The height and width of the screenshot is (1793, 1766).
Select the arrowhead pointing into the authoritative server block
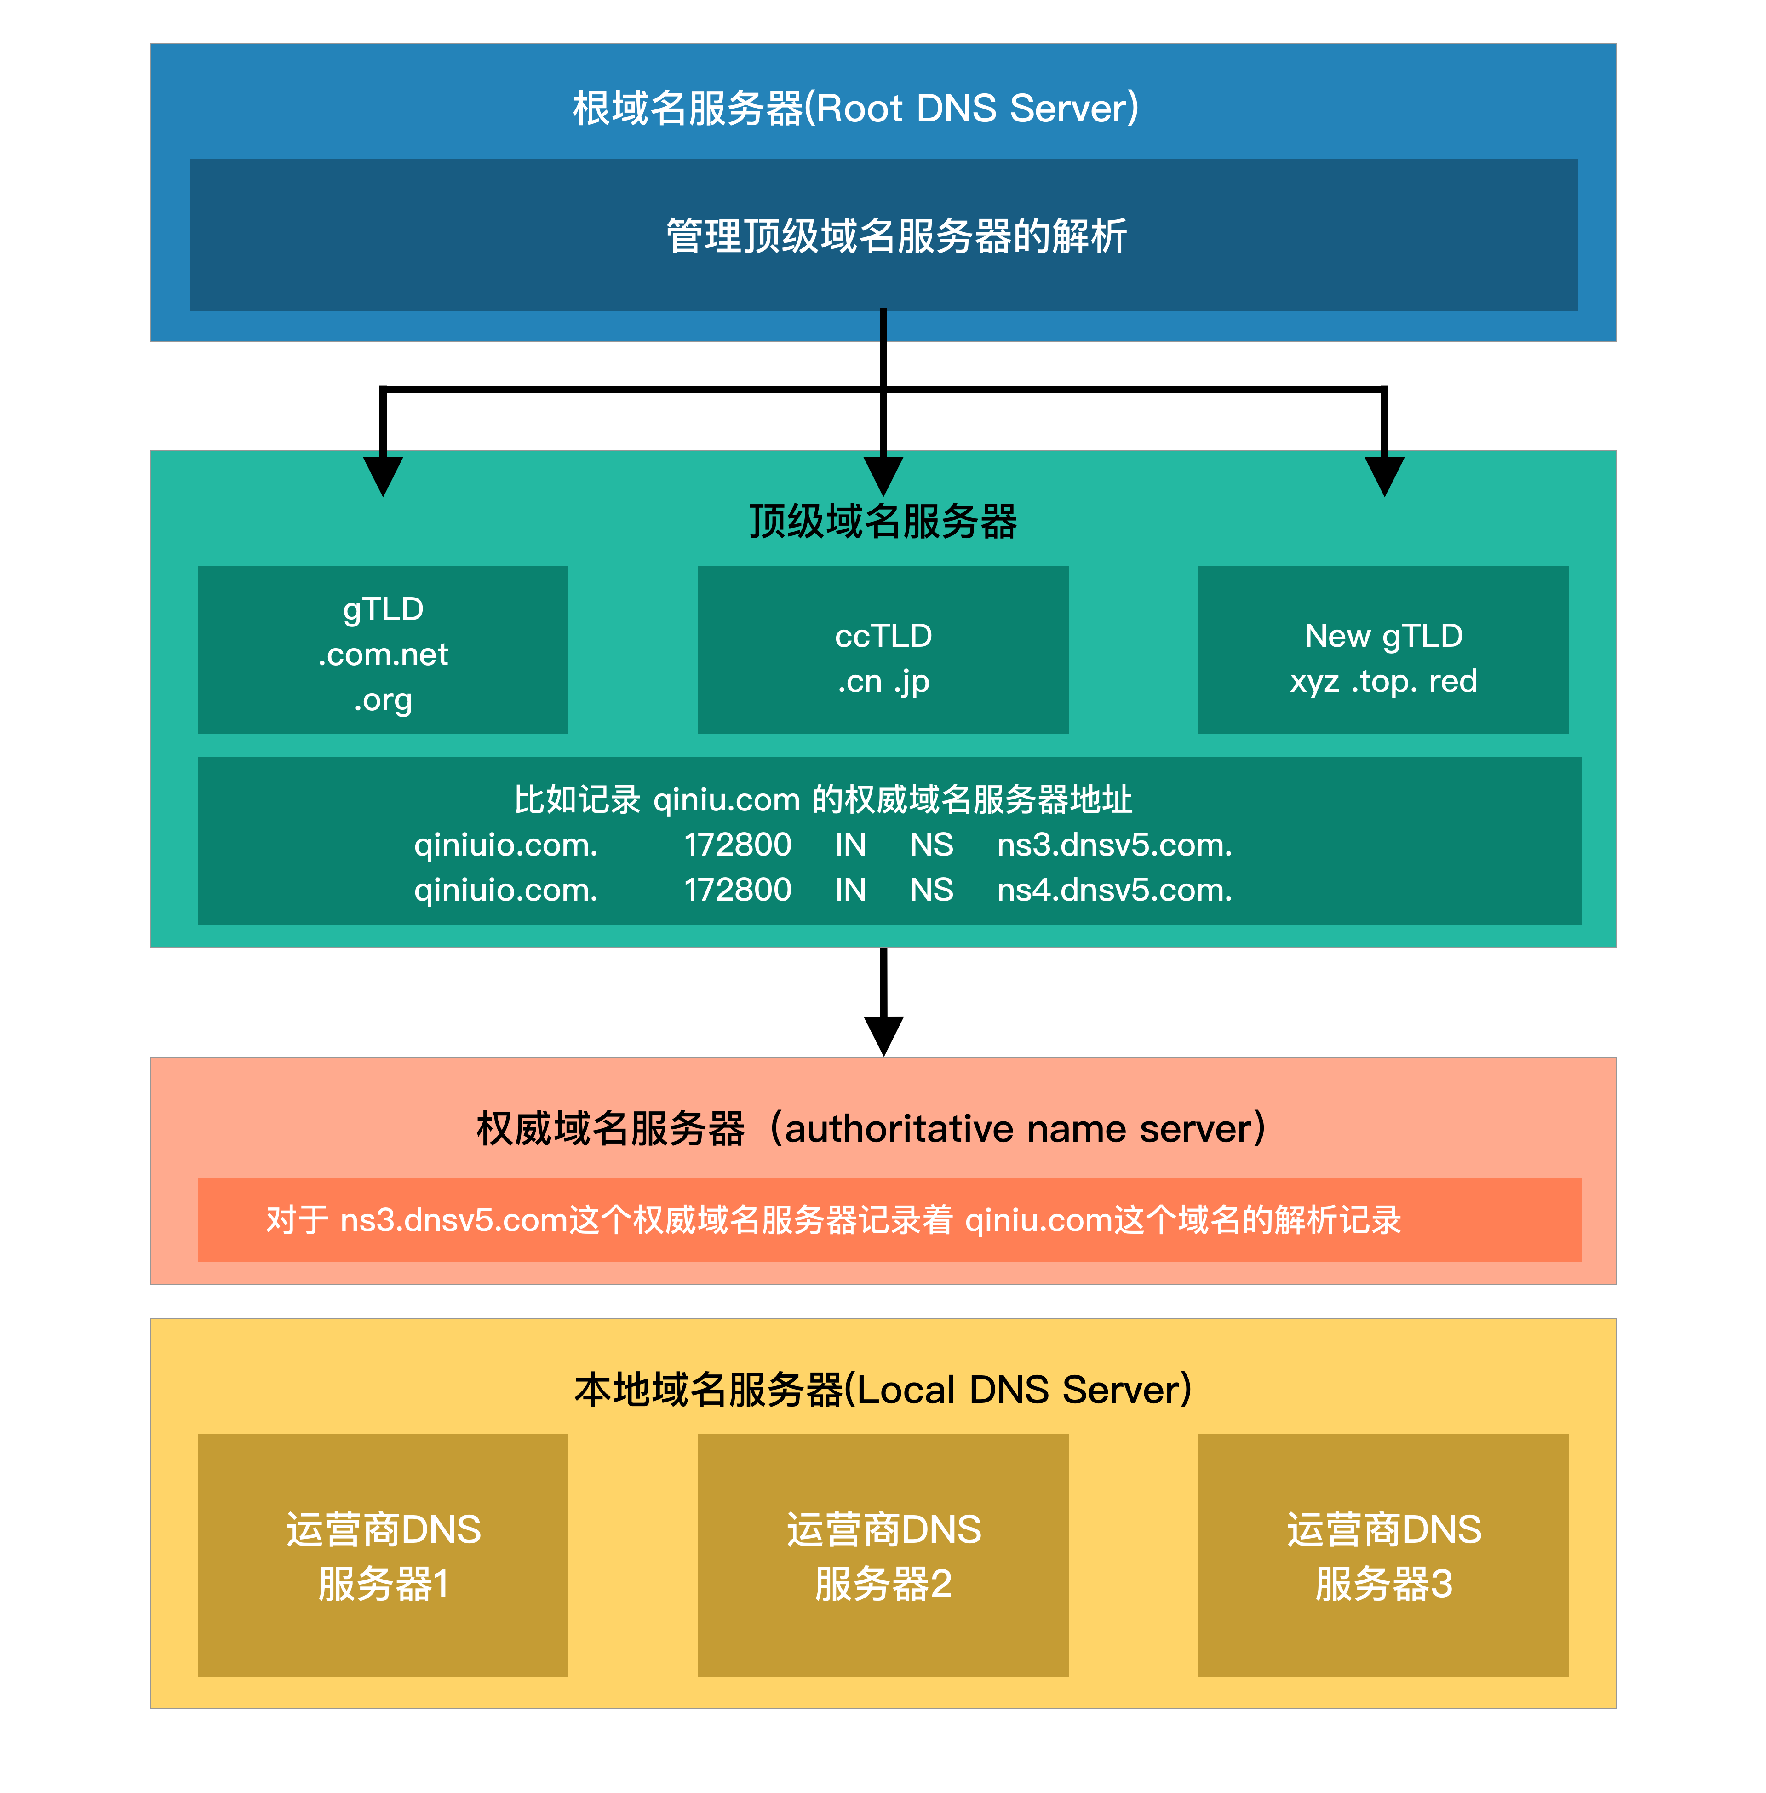tap(883, 1034)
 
